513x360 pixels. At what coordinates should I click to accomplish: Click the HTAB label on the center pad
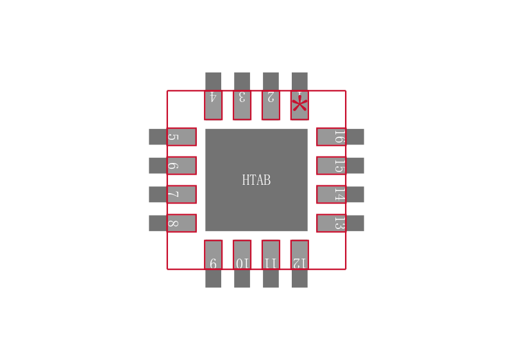coord(256,180)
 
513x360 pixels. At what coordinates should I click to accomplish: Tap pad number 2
coord(271,104)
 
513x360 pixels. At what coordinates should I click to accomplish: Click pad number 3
coord(242,104)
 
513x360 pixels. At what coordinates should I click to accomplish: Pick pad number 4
coord(213,104)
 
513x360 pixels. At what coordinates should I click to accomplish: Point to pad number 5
coord(181,137)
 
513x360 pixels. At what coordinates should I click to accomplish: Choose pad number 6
coord(181,166)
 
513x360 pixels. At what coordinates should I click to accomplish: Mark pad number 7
coord(181,194)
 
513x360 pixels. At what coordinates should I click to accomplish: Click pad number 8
coord(181,223)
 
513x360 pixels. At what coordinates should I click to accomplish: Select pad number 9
coord(213,255)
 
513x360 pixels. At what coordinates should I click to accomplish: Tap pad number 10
coord(242,255)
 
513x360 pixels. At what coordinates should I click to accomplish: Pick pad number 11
coord(271,255)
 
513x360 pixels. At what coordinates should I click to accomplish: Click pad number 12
coord(299,255)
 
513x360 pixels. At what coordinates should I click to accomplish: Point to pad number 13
coord(331,223)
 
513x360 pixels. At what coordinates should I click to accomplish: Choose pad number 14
coord(331,194)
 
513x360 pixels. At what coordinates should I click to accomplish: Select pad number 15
coord(331,166)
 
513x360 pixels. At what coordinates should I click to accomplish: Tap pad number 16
coord(331,137)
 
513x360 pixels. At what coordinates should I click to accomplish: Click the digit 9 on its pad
coord(213,263)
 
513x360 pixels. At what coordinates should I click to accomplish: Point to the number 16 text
coord(339,137)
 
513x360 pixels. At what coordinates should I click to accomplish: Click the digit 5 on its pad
coord(172,137)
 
